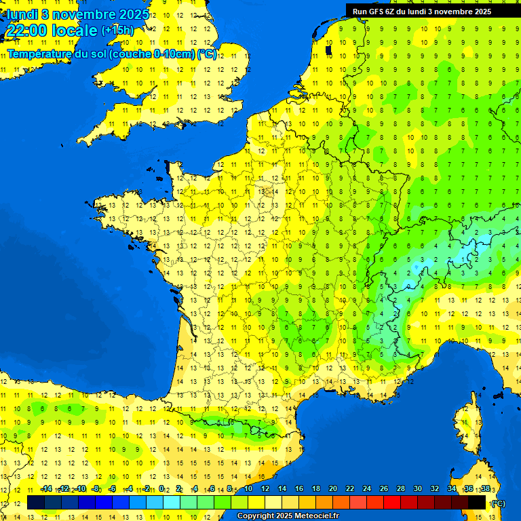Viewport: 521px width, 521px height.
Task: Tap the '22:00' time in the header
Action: coord(24,31)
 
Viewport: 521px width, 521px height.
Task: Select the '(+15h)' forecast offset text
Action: coord(117,31)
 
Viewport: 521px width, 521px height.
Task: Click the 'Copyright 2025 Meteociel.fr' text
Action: coord(288,516)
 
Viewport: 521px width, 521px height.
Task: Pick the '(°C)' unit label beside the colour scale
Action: coord(498,503)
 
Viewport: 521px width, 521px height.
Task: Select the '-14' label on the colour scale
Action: coord(46,488)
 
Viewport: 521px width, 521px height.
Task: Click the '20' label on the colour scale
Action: coord(333,488)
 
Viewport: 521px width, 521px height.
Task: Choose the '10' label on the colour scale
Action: coord(248,488)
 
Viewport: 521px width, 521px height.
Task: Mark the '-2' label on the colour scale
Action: coord(146,488)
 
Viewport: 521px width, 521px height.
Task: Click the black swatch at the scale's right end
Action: coord(477,503)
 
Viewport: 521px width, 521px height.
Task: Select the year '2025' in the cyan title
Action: coord(133,14)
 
